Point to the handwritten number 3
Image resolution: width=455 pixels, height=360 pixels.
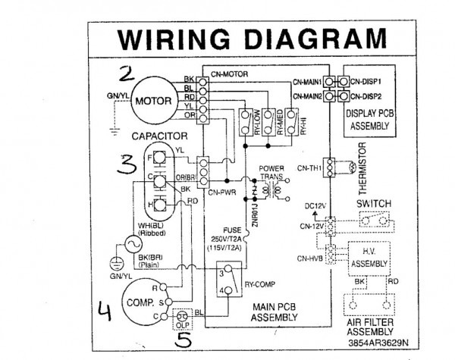pyautogui.click(x=127, y=167)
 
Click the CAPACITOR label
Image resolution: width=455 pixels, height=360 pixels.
pyautogui.click(x=159, y=136)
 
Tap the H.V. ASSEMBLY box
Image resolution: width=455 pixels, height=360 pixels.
pyautogui.click(x=367, y=256)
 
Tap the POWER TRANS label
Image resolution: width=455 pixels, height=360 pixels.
pyautogui.click(x=274, y=172)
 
